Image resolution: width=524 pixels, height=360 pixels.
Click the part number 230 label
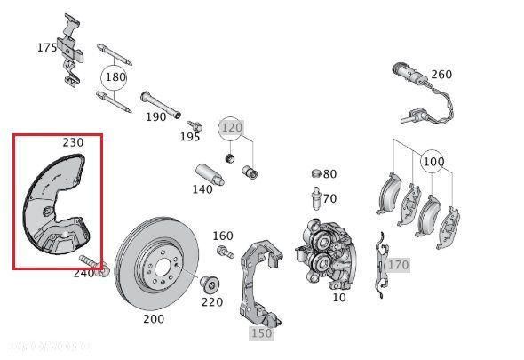pyautogui.click(x=73, y=142)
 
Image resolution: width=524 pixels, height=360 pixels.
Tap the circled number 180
pyautogui.click(x=115, y=76)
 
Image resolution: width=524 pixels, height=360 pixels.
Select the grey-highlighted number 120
pyautogui.click(x=231, y=127)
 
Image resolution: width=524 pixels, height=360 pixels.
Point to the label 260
pyautogui.click(x=441, y=75)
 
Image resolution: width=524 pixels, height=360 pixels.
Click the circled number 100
pyautogui.click(x=433, y=163)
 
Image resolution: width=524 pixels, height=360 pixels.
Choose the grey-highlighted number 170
pyautogui.click(x=398, y=264)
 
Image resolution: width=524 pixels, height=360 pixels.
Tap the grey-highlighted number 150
pyautogui.click(x=260, y=332)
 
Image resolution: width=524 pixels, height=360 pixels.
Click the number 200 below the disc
pyautogui.click(x=154, y=317)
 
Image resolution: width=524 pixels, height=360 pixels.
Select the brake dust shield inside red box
pyautogui.click(x=56, y=206)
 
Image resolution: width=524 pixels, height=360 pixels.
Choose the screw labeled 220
pyautogui.click(x=209, y=284)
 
